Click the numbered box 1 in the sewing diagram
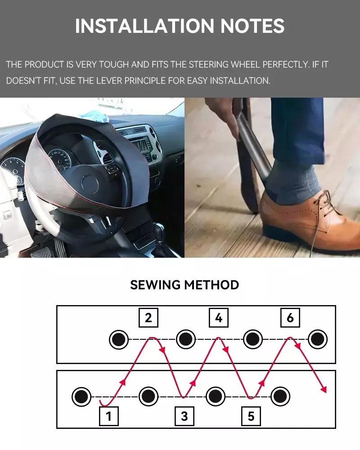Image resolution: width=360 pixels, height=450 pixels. point(109,416)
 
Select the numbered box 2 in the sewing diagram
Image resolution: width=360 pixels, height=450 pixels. point(148,318)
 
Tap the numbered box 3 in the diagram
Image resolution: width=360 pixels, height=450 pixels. point(184,416)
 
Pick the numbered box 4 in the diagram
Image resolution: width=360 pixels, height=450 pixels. point(219,318)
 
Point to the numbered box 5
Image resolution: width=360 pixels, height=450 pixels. point(251,416)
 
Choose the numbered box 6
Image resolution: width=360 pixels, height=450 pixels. point(290,318)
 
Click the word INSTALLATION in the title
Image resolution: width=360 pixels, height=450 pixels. point(145,26)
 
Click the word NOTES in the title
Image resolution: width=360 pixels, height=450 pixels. point(252,26)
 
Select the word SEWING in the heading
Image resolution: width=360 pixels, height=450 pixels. point(155,285)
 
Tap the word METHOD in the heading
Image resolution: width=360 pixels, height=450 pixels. point(211,285)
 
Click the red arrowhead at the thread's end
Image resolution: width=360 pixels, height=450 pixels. point(324,389)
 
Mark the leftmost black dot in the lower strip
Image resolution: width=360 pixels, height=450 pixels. point(81,397)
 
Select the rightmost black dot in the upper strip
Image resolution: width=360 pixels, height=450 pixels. point(318,339)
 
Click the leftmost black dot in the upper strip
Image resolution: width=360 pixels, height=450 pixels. point(118,339)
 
